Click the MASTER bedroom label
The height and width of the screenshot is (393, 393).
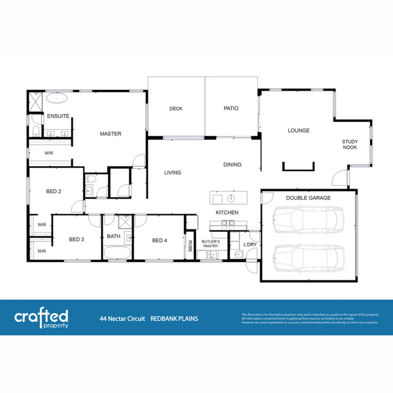tap(110, 134)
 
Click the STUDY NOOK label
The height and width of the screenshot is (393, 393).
tap(350, 144)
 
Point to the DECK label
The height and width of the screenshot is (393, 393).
tap(176, 108)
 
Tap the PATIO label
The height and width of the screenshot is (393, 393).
tap(231, 108)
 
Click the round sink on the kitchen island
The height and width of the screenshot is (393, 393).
tap(231, 198)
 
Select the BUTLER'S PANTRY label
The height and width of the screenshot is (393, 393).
tap(211, 244)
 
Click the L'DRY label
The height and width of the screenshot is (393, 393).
tap(250, 245)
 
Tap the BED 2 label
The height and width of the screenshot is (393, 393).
tap(53, 191)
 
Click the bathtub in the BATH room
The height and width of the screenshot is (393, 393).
tap(117, 253)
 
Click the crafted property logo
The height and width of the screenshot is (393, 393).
tap(41, 318)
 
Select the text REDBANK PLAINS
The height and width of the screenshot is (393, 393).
tap(174, 319)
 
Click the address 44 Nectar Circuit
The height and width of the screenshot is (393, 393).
tap(122, 319)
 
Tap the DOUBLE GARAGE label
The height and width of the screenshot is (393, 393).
tap(308, 198)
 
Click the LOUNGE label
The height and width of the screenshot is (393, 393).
tap(298, 130)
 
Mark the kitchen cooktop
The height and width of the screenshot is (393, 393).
tap(228, 223)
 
